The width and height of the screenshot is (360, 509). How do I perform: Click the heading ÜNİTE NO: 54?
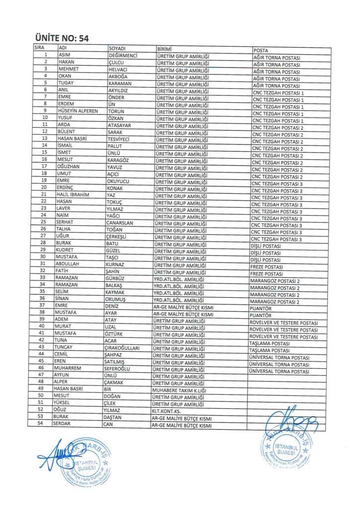62,38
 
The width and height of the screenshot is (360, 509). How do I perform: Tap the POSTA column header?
262,51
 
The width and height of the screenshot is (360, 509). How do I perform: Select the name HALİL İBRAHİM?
73,195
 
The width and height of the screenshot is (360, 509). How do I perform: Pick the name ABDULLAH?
69,264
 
